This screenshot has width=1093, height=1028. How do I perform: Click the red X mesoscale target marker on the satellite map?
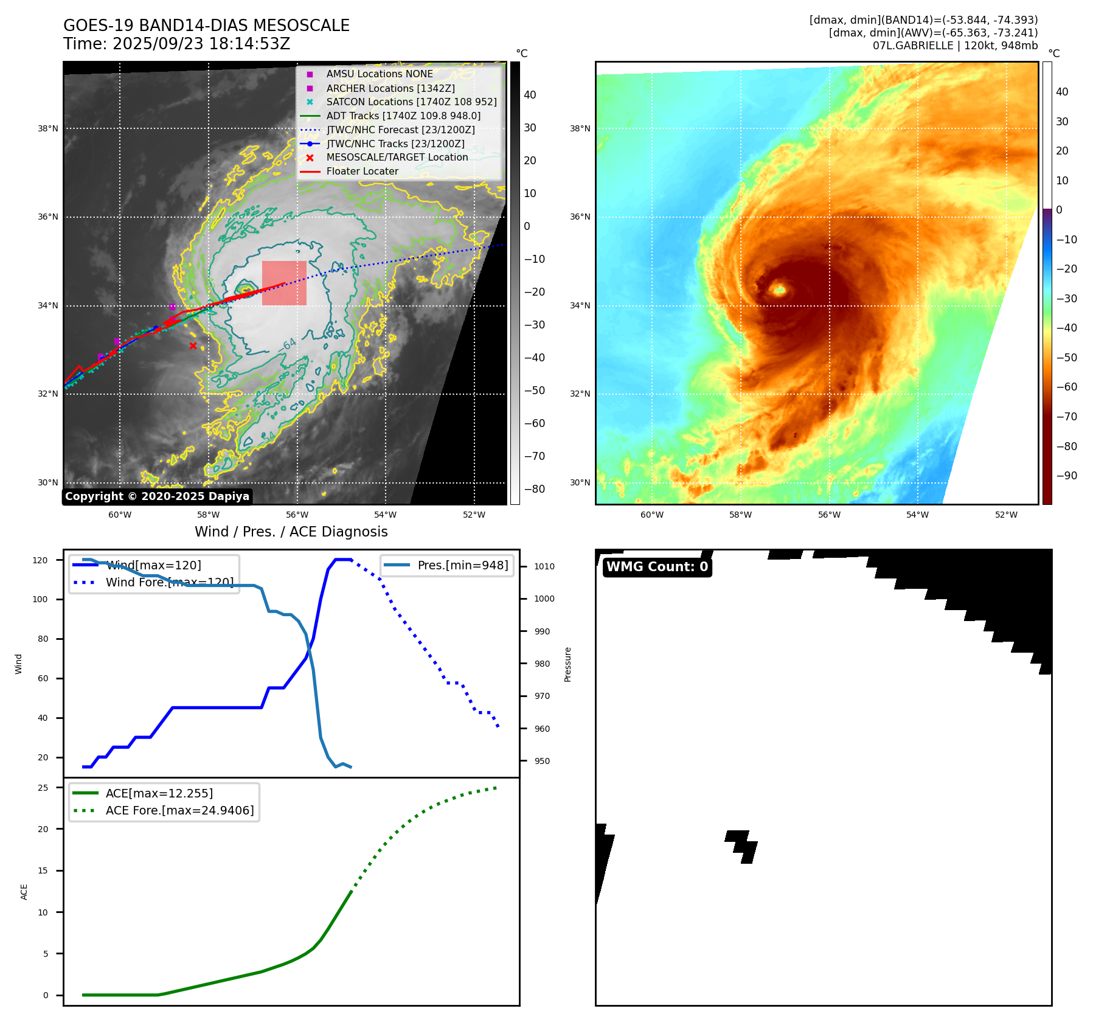193,346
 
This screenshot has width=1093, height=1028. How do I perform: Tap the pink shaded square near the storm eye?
284,283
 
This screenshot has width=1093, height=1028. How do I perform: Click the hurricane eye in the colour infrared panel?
779,290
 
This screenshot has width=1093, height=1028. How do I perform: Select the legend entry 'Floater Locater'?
362,172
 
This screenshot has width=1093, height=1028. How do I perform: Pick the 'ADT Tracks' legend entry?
403,116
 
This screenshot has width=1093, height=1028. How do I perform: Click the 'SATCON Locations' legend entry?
411,102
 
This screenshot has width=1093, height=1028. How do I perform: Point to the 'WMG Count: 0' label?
657,567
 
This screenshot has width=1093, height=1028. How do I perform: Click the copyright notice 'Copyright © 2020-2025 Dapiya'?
157,496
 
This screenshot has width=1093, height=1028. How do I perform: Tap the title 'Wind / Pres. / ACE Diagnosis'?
291,532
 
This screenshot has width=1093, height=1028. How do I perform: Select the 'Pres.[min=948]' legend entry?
462,565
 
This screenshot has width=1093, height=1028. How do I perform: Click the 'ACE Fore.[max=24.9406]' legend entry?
179,810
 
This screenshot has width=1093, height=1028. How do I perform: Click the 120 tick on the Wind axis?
40,560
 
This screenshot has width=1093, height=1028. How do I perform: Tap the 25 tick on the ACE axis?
43,788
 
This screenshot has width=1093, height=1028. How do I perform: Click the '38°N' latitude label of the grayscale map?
48,129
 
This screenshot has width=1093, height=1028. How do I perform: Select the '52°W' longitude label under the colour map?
1006,515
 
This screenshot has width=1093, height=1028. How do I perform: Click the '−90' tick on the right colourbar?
1066,476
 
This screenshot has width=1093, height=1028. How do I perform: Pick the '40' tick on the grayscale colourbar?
530,95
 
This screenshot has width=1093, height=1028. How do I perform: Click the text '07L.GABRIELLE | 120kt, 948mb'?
955,46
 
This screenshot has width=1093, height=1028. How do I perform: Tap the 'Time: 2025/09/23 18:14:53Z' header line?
177,44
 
